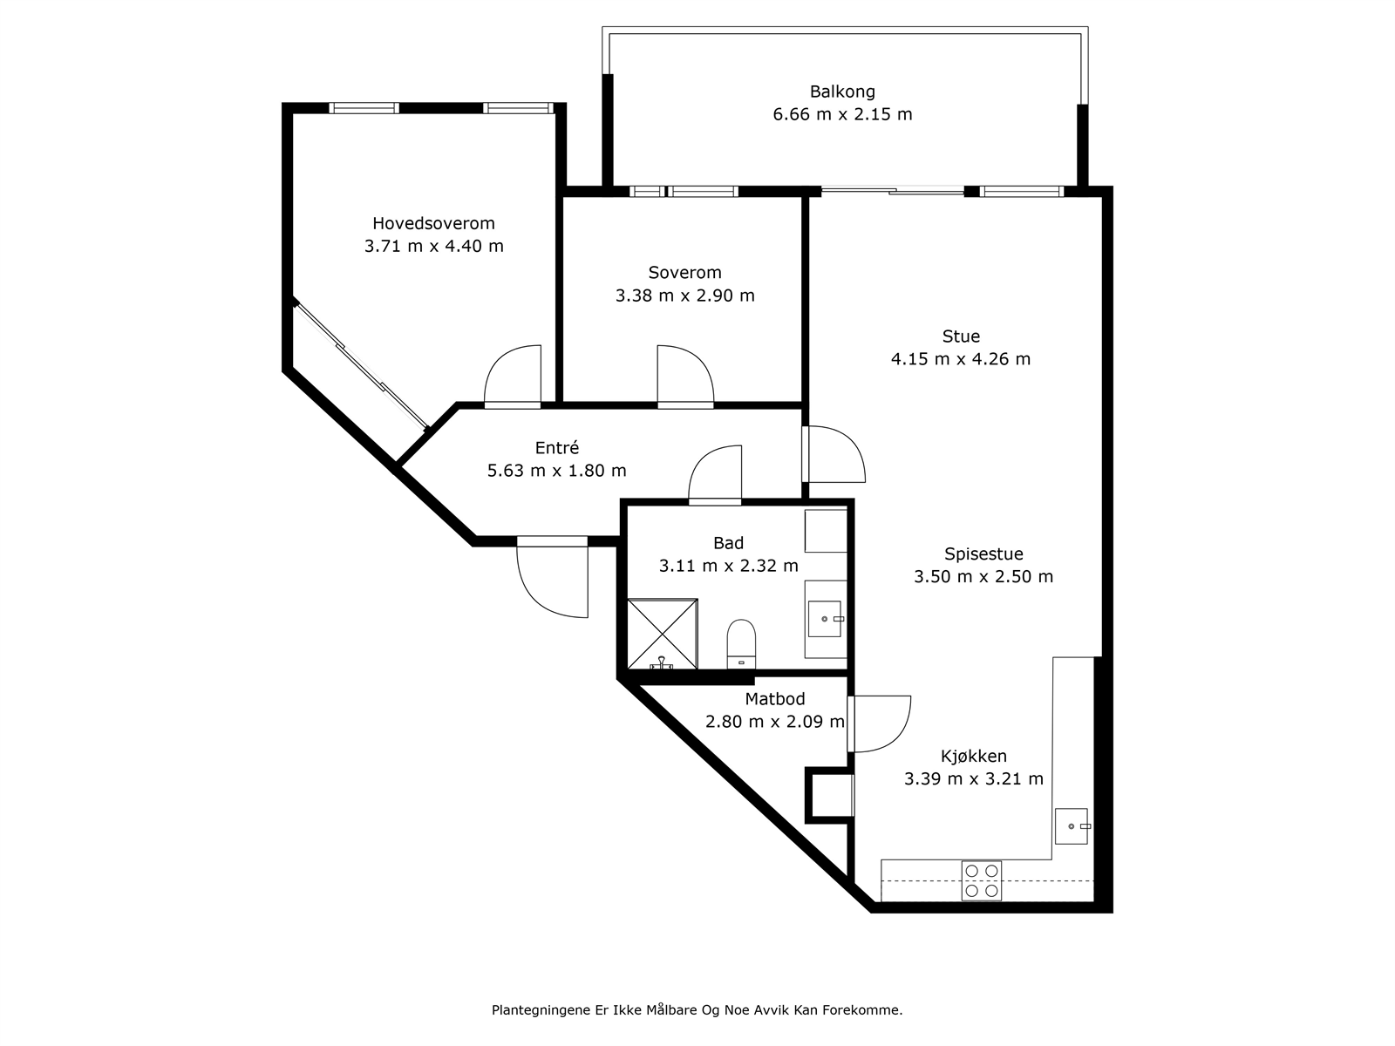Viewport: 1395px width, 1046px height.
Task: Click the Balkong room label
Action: coord(842,92)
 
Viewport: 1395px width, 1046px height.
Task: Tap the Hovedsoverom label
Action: coord(433,223)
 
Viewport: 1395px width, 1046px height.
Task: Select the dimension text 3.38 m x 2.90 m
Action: coord(685,295)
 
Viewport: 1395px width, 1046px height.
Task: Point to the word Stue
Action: coord(961,336)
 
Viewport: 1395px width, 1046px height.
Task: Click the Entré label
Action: coord(557,448)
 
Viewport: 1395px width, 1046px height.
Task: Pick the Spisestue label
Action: coord(983,554)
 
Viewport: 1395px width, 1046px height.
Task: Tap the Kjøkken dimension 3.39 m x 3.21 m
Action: coord(974,778)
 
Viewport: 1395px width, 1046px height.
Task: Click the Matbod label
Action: coord(775,698)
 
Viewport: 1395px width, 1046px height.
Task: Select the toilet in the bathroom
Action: coord(741,644)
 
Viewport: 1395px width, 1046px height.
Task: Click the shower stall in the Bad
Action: coord(663,633)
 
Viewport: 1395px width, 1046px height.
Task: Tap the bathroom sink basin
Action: coord(824,619)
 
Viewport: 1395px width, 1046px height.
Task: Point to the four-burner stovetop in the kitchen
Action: coord(982,881)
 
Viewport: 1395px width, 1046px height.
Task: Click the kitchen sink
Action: coord(1072,826)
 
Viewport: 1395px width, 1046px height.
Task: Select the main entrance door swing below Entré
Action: coord(552,577)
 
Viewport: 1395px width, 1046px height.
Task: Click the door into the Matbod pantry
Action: coord(879,724)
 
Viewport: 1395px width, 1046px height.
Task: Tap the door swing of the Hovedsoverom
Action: coord(513,376)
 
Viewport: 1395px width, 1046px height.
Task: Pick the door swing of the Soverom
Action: coord(686,376)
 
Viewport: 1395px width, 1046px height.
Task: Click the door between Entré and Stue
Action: coord(834,453)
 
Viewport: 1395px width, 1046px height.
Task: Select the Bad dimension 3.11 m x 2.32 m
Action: coord(728,565)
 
